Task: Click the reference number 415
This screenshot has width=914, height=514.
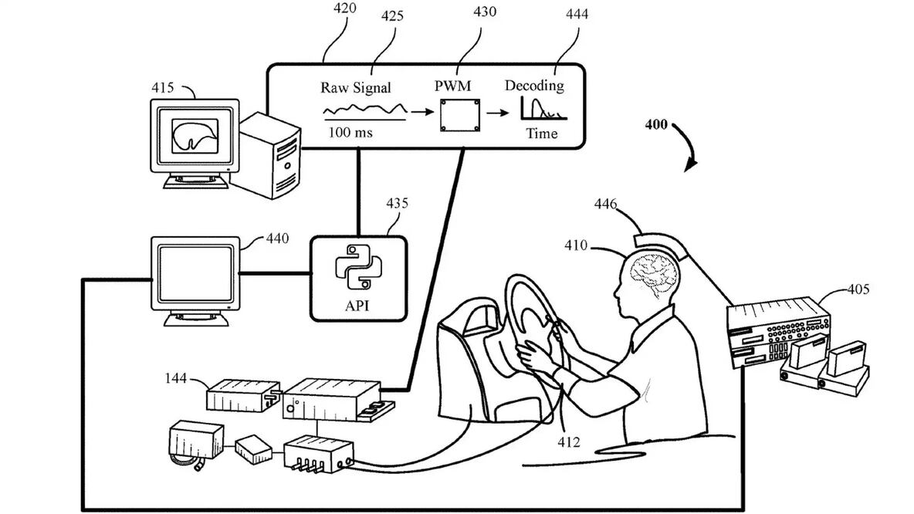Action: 163,87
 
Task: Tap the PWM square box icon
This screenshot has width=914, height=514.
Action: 459,114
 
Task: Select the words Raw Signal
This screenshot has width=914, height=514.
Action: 356,87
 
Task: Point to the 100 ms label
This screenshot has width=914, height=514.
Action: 350,133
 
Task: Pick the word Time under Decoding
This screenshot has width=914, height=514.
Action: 541,134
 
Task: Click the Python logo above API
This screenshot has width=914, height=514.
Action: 357,267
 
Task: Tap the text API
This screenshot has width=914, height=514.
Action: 357,306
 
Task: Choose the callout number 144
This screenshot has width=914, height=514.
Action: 177,378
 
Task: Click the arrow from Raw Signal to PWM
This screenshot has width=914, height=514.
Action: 421,112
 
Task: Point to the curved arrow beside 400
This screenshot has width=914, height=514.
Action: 687,147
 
